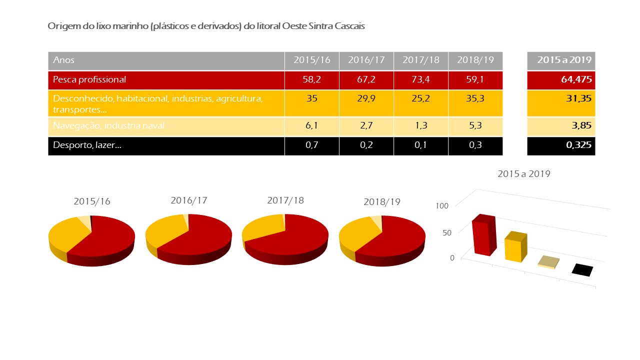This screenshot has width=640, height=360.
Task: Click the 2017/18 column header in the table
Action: pyautogui.click(x=420, y=60)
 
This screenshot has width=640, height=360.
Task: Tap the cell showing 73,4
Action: pyautogui.click(x=420, y=79)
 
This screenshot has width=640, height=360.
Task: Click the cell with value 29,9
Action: pyautogui.click(x=366, y=98)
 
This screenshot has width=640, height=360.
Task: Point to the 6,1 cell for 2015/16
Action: pyautogui.click(x=311, y=126)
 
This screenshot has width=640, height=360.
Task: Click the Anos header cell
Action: pyautogui.click(x=64, y=60)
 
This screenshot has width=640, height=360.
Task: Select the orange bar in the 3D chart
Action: pyautogui.click(x=514, y=248)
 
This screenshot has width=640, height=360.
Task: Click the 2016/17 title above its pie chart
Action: pyautogui.click(x=188, y=200)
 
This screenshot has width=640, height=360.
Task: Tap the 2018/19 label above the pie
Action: pyautogui.click(x=382, y=201)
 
